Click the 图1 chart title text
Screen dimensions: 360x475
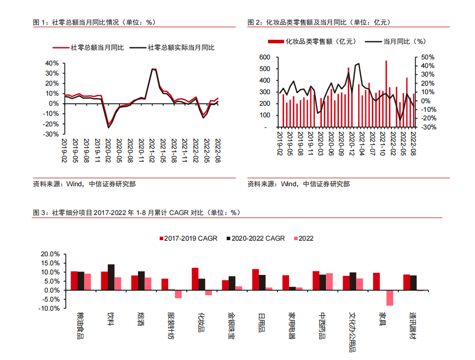[94, 22]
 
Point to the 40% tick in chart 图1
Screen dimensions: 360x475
[52, 63]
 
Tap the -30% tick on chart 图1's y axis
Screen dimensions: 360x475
[52, 134]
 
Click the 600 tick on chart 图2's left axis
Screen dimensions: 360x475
[265, 57]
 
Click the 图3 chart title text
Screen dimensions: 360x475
[136, 212]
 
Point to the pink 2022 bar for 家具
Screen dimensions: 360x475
[390, 298]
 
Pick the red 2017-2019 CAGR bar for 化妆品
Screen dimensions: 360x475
[195, 279]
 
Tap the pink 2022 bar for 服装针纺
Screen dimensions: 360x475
[178, 294]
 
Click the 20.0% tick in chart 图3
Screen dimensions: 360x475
[50, 254]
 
